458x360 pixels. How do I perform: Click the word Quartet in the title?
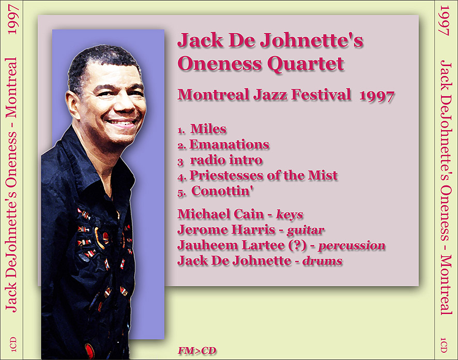click(306, 65)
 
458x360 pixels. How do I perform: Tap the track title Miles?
click(208, 129)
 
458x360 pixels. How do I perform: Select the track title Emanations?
click(230, 145)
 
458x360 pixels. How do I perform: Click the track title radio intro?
click(226, 160)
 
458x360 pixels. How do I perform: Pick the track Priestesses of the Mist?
click(264, 175)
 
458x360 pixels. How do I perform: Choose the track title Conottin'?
click(222, 191)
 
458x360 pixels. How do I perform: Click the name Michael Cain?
click(221, 214)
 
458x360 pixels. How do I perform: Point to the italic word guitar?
click(306, 230)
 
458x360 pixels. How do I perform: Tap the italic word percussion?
click(352, 246)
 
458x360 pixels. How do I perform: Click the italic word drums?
click(322, 261)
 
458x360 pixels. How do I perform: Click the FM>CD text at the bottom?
click(197, 350)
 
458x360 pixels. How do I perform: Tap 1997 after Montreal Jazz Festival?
click(377, 96)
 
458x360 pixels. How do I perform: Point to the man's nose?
click(126, 104)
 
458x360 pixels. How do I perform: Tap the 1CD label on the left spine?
click(13, 344)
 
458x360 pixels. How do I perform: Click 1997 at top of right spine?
click(444, 21)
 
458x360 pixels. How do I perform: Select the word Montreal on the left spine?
click(12, 88)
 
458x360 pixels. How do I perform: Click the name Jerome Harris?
click(226, 230)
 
